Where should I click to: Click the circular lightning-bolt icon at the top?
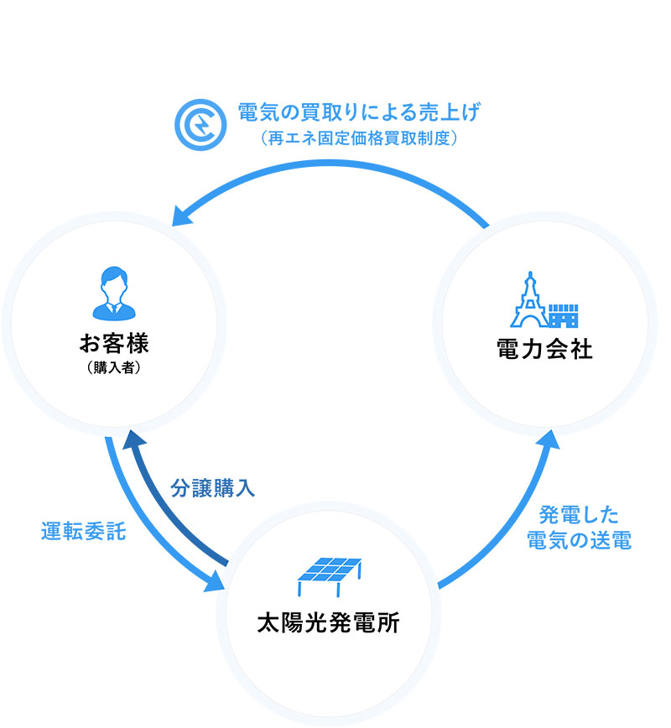click(200, 123)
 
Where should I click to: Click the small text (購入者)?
click(113, 367)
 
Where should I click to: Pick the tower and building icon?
click(544, 299)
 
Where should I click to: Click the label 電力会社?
click(545, 349)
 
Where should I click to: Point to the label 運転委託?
click(84, 532)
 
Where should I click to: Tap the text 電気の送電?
click(579, 541)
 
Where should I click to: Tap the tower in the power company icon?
click(529, 299)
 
